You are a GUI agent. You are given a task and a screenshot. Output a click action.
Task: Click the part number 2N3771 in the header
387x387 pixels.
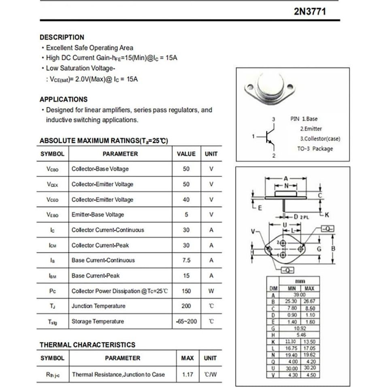pyautogui.click(x=309, y=11)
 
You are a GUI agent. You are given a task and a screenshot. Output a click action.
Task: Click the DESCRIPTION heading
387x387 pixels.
pyautogui.click(x=62, y=37)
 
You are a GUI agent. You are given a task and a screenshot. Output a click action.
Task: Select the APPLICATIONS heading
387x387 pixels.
pyautogui.click(x=64, y=99)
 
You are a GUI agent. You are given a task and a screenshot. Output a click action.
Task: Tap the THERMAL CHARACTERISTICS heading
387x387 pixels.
pyautogui.click(x=87, y=345)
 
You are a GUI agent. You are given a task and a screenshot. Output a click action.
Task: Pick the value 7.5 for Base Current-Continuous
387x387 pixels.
pyautogui.click(x=186, y=260)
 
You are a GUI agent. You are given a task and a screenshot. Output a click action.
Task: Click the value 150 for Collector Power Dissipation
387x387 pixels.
pyautogui.click(x=186, y=291)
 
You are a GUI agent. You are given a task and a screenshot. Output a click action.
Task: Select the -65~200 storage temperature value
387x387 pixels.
pyautogui.click(x=187, y=321)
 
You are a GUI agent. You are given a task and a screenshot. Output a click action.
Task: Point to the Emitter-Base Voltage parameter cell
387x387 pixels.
pyautogui.click(x=98, y=215)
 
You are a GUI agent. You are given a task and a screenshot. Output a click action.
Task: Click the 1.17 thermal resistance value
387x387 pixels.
pyautogui.click(x=187, y=374)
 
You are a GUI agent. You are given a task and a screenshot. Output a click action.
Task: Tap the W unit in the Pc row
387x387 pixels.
pyautogui.click(x=211, y=291)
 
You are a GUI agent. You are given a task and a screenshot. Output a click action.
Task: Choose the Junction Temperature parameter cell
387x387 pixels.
pyautogui.click(x=98, y=306)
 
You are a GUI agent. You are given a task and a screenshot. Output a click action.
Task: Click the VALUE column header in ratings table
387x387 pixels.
pyautogui.click(x=186, y=154)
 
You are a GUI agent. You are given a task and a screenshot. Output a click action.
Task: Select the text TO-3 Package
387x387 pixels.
pyautogui.click(x=315, y=149)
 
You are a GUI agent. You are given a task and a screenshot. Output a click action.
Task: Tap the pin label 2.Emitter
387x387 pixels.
pyautogui.click(x=311, y=129)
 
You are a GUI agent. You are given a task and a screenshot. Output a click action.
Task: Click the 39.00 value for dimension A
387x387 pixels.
pyautogui.click(x=300, y=295)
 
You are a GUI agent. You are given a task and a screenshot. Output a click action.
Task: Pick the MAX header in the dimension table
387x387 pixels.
pyautogui.click(x=309, y=289)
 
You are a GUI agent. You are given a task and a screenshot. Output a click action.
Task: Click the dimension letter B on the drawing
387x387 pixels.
pyautogui.click(x=333, y=249)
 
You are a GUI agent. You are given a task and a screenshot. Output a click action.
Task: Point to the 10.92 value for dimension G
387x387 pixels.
pyautogui.click(x=300, y=328)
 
